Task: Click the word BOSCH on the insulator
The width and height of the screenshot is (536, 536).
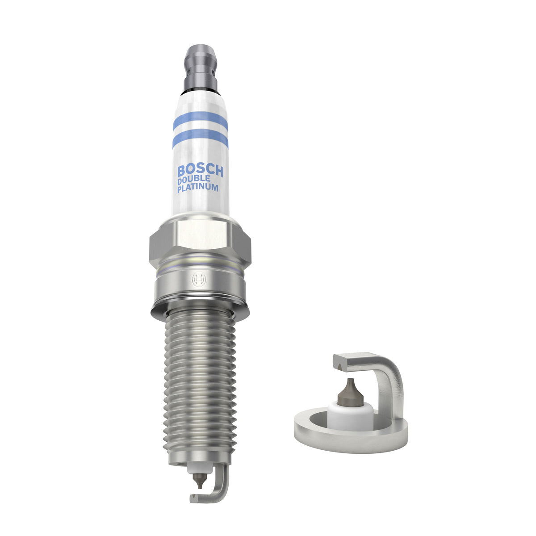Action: pyautogui.click(x=200, y=171)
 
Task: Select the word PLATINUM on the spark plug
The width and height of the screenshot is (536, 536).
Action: pyautogui.click(x=198, y=188)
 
